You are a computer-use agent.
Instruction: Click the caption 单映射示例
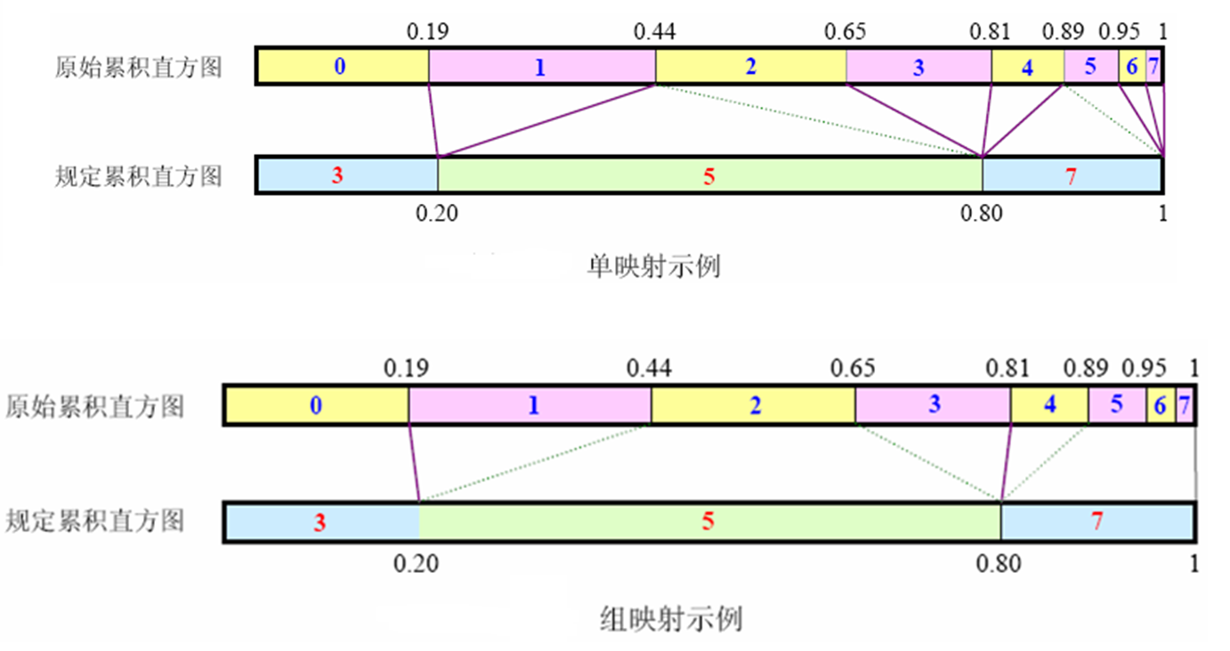click(653, 265)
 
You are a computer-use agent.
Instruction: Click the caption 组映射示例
click(671, 618)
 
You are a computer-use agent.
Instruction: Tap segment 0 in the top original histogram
click(342, 67)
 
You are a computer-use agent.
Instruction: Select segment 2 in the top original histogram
click(750, 67)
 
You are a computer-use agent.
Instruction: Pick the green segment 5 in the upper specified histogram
click(709, 175)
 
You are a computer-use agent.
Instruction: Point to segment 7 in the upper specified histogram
click(1072, 175)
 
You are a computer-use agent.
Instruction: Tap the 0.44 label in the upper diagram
click(654, 33)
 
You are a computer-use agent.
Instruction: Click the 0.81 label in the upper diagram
click(990, 33)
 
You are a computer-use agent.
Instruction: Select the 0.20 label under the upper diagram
click(436, 214)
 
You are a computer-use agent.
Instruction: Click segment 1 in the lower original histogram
click(531, 406)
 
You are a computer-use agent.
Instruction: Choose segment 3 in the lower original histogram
click(933, 405)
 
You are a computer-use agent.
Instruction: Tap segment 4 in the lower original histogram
click(1049, 405)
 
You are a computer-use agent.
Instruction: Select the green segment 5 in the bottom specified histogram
click(708, 522)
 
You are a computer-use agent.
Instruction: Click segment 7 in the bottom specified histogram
click(1097, 522)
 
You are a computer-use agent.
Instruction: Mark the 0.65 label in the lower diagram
click(852, 368)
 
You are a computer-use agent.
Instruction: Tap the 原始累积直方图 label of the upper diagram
click(138, 68)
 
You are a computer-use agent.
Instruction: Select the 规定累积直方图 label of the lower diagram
click(95, 520)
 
